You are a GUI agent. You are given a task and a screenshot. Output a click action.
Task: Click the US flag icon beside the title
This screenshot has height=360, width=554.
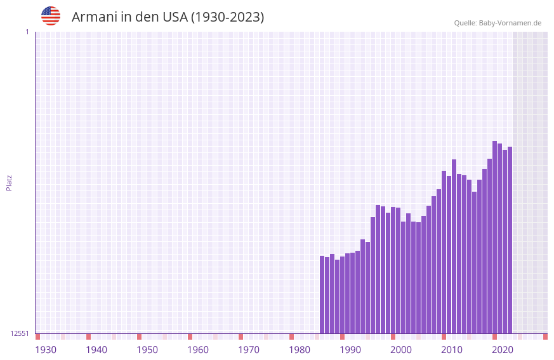[x=51, y=16]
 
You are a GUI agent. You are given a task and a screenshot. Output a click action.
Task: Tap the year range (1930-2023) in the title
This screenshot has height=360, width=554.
[x=227, y=17]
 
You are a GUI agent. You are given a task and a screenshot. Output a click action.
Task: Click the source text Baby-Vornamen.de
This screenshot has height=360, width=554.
[x=510, y=23]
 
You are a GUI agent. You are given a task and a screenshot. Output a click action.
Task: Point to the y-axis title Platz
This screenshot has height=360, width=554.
[x=9, y=182]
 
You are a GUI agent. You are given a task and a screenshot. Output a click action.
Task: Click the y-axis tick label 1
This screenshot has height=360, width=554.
[x=27, y=32]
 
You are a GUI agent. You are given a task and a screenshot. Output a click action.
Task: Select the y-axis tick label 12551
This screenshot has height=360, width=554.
[x=20, y=333]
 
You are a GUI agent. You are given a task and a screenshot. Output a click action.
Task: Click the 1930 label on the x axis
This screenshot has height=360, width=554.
[x=46, y=350]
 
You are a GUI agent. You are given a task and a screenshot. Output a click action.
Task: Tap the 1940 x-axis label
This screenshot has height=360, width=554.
[x=96, y=350]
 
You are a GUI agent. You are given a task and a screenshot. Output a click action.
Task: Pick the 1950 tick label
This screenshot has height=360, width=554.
[x=147, y=350]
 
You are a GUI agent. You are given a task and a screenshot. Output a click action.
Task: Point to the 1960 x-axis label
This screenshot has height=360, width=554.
[x=198, y=350]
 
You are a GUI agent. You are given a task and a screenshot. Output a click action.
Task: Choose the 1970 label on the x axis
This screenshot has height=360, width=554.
[x=249, y=350]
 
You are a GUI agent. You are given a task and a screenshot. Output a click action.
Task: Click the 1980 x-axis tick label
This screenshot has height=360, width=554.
[x=300, y=350]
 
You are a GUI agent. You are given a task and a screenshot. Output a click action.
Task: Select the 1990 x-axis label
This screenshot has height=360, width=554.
[x=350, y=350]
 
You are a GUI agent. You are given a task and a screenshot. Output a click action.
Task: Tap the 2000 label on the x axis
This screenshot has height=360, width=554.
[x=401, y=350]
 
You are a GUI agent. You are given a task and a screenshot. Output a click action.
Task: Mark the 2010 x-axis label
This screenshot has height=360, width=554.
[x=452, y=350]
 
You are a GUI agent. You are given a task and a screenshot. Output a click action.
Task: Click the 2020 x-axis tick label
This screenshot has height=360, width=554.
[x=503, y=350]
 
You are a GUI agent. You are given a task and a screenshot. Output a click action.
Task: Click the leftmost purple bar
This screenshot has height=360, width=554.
[x=322, y=295]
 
